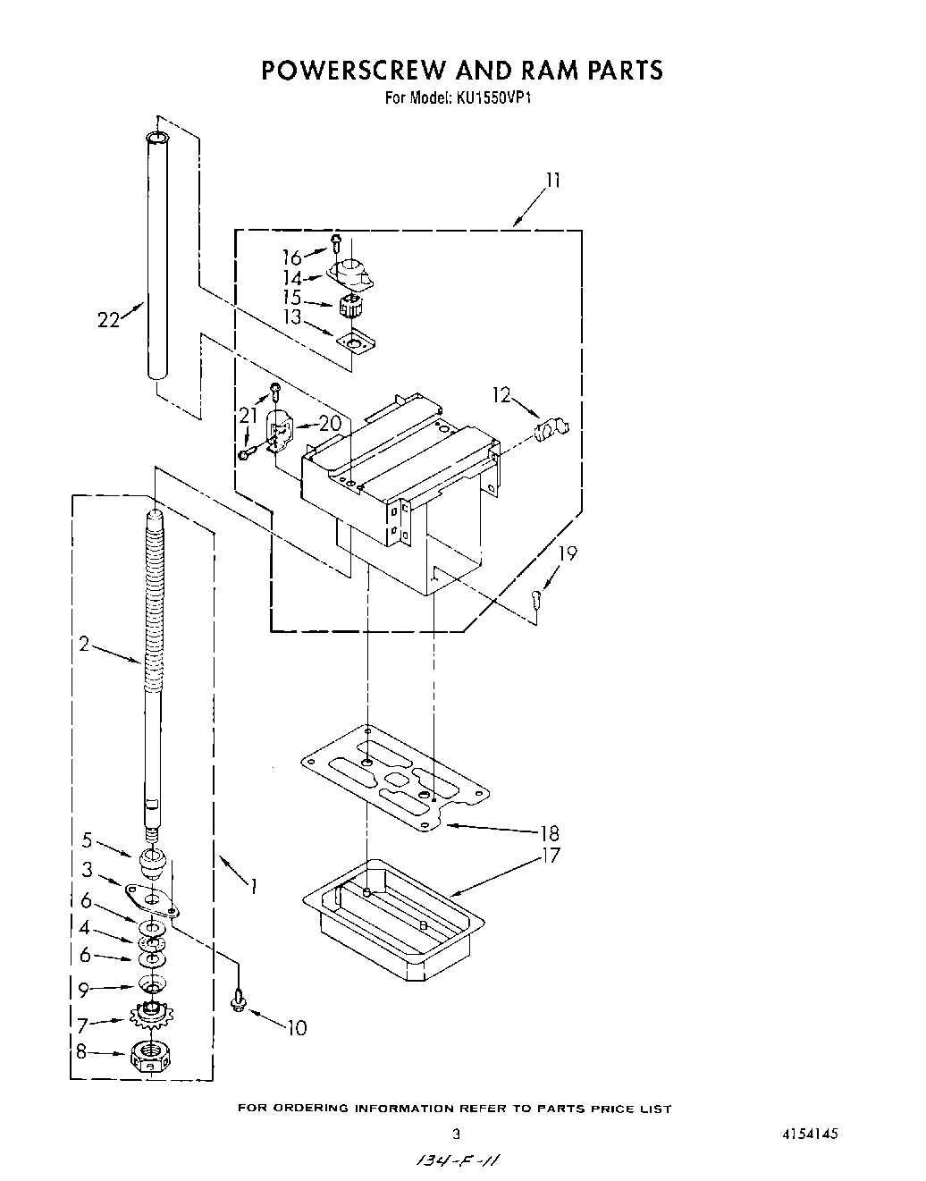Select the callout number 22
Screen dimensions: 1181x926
click(108, 319)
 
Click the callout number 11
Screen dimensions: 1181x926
click(553, 181)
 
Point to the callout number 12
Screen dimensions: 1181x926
click(501, 393)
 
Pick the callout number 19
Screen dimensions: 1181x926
click(568, 553)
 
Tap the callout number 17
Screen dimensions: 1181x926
click(551, 856)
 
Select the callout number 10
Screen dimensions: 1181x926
click(297, 1028)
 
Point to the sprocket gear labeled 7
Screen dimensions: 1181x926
click(153, 1014)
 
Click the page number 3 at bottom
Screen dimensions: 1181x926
click(456, 1134)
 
